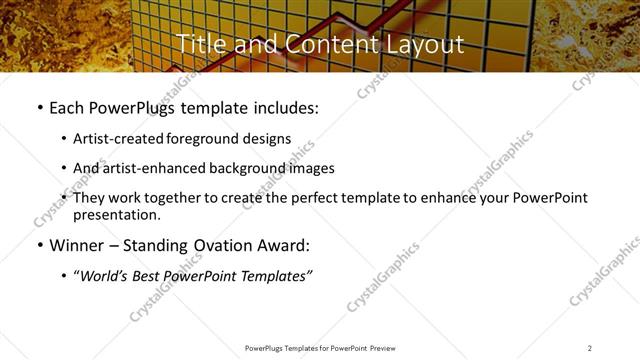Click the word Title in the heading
tap(197, 44)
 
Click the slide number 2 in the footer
tap(590, 347)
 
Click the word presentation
tap(116, 215)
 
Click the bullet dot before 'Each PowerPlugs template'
tap(39, 107)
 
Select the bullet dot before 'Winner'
tap(39, 245)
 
